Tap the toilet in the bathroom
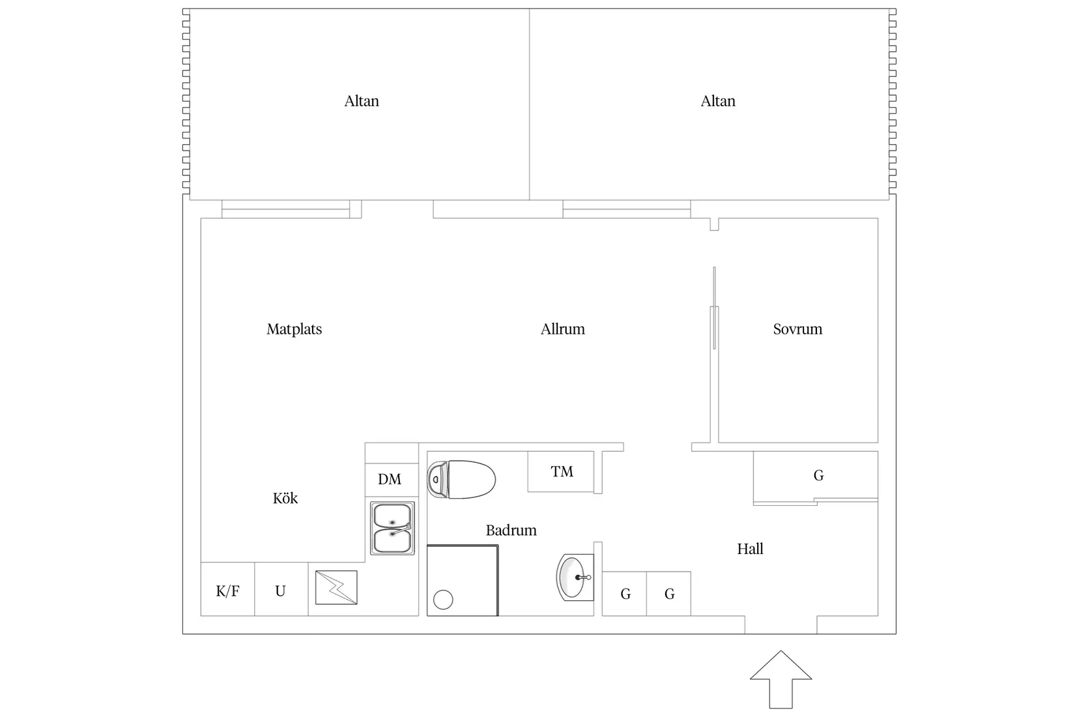461,480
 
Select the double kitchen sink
392,528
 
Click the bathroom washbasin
575,577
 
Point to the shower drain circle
443,600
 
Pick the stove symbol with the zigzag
336,587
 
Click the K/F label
227,591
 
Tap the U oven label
280,591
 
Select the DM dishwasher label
390,480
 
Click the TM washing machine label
562,471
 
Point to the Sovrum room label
797,329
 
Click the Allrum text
562,329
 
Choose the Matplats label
294,329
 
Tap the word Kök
285,499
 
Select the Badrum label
511,531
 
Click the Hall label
750,549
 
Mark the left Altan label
362,101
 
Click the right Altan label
718,101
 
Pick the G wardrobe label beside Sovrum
818,476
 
